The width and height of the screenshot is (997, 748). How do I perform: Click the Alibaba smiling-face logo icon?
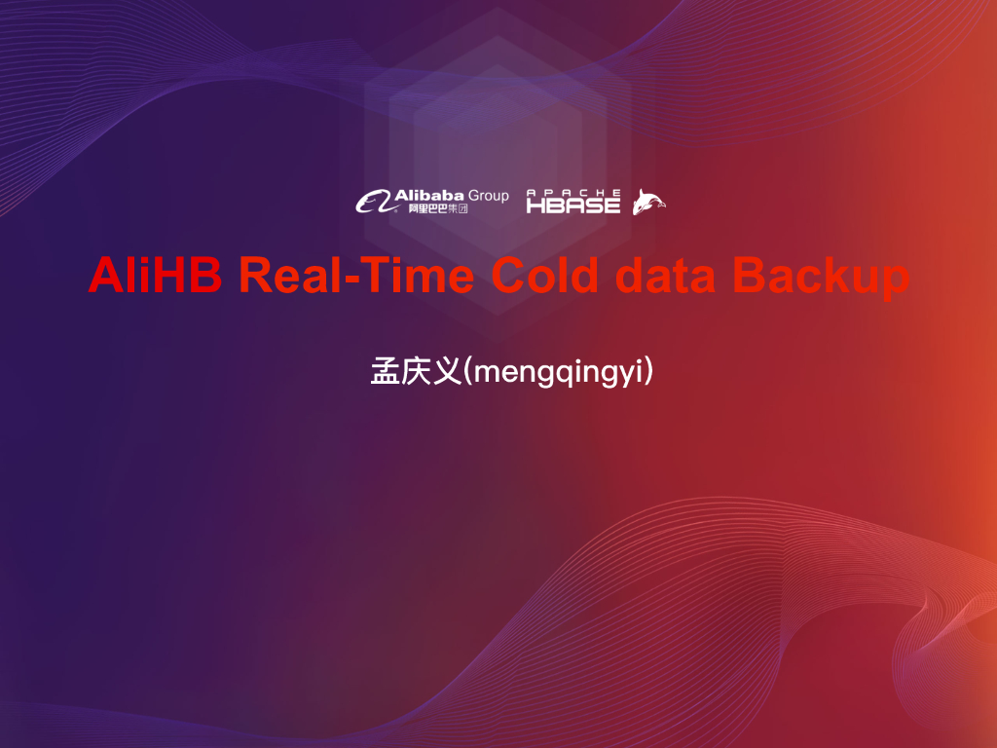pyautogui.click(x=374, y=202)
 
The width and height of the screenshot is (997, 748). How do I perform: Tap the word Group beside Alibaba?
pyautogui.click(x=489, y=196)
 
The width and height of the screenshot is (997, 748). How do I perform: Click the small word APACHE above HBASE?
pyautogui.click(x=573, y=193)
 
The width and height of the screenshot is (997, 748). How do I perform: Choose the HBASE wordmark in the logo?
pyautogui.click(x=573, y=206)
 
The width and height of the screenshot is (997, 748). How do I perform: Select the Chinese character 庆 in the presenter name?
pyautogui.click(x=415, y=372)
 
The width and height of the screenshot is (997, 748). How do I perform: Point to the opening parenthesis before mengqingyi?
pyautogui.click(x=468, y=372)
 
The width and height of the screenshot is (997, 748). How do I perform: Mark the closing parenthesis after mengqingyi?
pyautogui.click(x=647, y=372)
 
